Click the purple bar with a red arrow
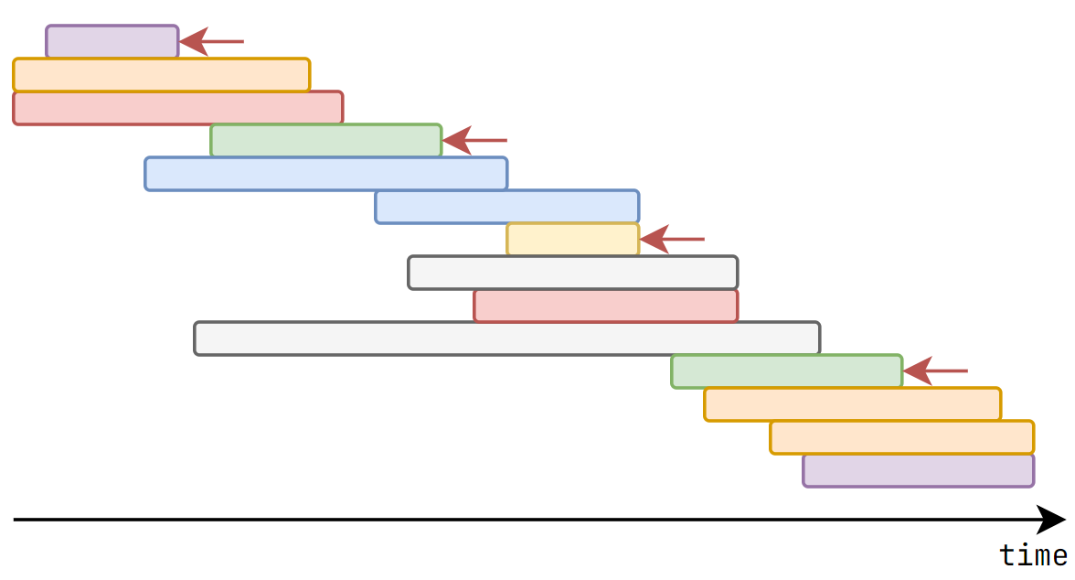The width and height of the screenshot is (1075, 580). pos(112,42)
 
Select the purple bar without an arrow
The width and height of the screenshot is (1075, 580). pos(919,470)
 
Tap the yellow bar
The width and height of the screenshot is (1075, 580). pos(573,240)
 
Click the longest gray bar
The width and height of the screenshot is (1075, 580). pos(507,338)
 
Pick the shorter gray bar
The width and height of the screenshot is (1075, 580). pos(573,273)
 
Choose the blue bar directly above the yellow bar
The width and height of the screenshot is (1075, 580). pos(507,207)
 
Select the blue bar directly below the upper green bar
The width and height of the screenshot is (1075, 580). pos(326,174)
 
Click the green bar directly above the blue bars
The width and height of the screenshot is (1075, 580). pos(326,141)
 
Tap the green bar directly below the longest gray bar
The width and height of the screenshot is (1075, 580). pos(787,371)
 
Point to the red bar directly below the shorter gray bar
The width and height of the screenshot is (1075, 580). pos(606,306)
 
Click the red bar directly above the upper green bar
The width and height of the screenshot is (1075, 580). pos(178,108)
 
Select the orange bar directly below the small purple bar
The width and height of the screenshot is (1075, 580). pos(162,75)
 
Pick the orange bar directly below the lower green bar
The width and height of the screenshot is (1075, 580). pos(853,404)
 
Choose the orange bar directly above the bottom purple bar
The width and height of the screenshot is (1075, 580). pos(902,437)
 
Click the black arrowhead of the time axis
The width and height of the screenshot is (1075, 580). pos(1052,520)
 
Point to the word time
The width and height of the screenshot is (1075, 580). pos(1033,555)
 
